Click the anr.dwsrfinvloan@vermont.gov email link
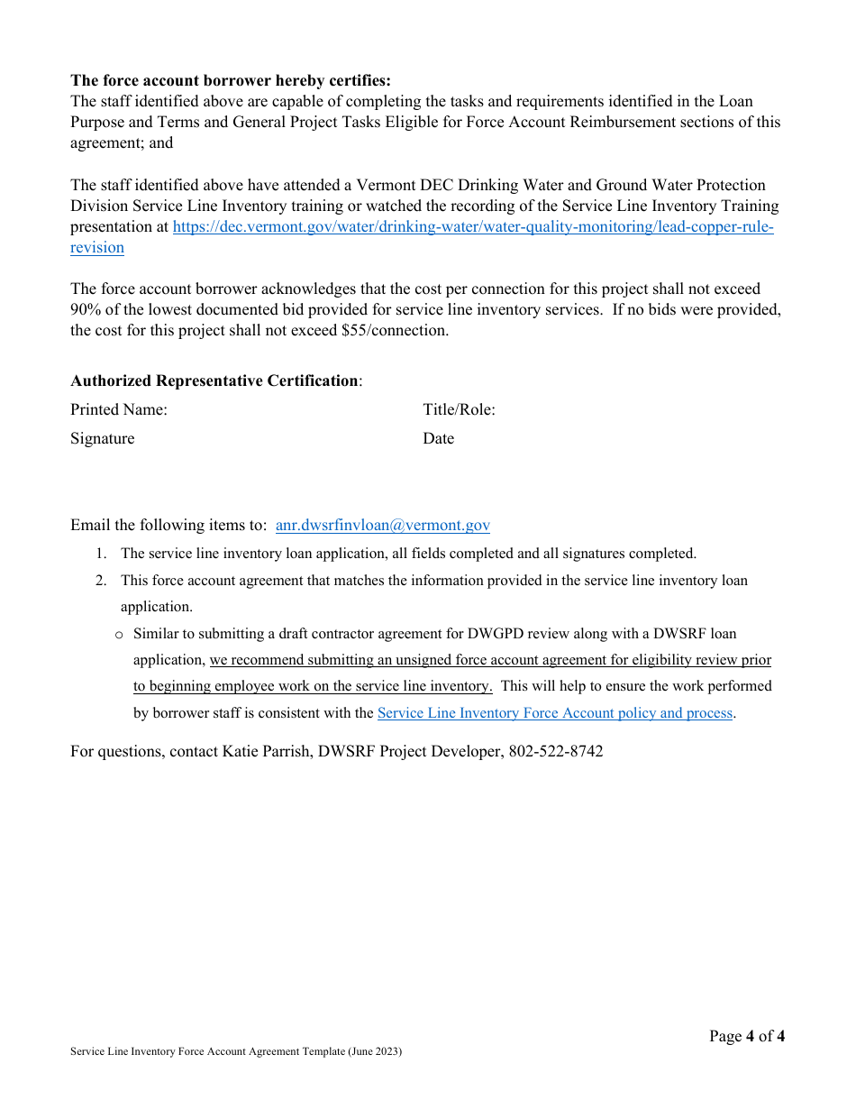[382, 526]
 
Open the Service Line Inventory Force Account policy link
[554, 713]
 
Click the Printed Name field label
[119, 410]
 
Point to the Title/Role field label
[459, 410]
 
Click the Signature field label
[103, 439]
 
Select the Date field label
[439, 439]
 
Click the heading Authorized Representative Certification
[214, 380]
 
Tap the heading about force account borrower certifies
[231, 81]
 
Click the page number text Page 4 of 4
[746, 1036]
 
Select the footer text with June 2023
[236, 1052]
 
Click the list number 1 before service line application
[102, 554]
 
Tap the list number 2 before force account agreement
[102, 581]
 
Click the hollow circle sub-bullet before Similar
[119, 635]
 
